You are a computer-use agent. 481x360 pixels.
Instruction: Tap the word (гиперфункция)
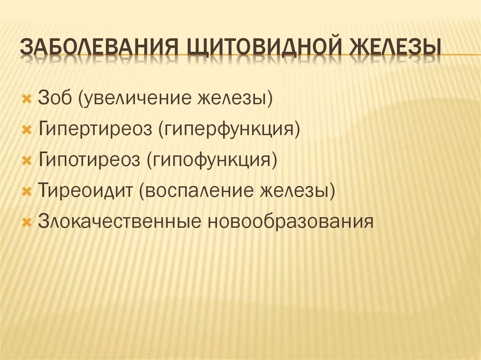coord(229,130)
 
